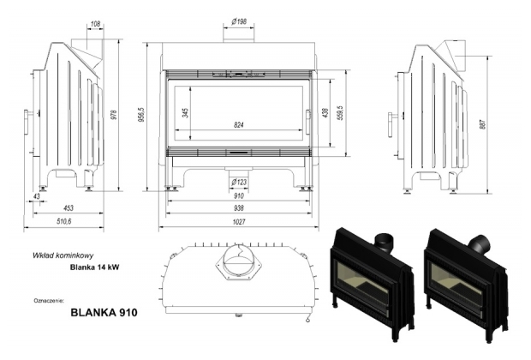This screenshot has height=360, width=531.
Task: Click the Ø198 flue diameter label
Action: tap(239, 21)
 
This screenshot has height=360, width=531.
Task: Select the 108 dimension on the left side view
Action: tap(96, 24)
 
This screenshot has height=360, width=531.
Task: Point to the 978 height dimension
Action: tap(114, 115)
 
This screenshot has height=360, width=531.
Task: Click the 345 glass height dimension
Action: tap(185, 113)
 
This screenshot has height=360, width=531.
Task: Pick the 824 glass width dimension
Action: tap(239, 125)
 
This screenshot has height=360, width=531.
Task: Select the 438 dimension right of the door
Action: tap(325, 113)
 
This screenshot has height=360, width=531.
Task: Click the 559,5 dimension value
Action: tap(341, 113)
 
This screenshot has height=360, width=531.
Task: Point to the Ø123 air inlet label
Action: tap(239, 183)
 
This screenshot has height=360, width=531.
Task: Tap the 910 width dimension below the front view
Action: tap(239, 196)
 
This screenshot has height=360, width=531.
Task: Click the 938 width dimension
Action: tap(239, 208)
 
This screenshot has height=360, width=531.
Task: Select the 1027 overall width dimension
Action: tap(239, 222)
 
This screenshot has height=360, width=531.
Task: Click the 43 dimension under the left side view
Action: tap(37, 196)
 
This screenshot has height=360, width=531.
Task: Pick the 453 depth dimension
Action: tap(69, 208)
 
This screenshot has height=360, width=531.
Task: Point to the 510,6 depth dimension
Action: tap(64, 222)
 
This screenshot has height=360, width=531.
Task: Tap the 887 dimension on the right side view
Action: tap(482, 124)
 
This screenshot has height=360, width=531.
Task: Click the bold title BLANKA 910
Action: tap(104, 312)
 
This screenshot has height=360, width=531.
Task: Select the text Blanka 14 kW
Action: tap(94, 267)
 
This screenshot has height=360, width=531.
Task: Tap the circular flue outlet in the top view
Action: tap(239, 261)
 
